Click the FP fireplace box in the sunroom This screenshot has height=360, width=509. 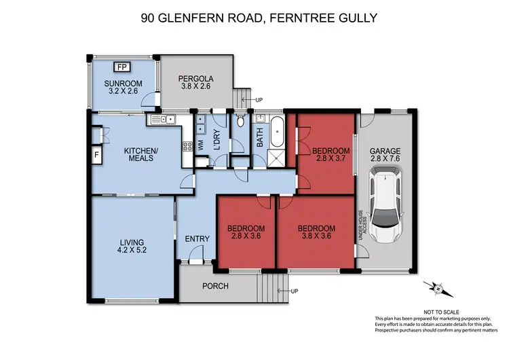122,67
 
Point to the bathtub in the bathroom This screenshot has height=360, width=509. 277,132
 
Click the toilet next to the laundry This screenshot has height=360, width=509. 240,123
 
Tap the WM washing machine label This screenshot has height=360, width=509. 200,145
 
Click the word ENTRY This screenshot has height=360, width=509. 196,238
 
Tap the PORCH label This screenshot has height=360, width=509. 215,286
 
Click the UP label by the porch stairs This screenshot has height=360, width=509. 294,291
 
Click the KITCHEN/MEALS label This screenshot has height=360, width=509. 140,154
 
